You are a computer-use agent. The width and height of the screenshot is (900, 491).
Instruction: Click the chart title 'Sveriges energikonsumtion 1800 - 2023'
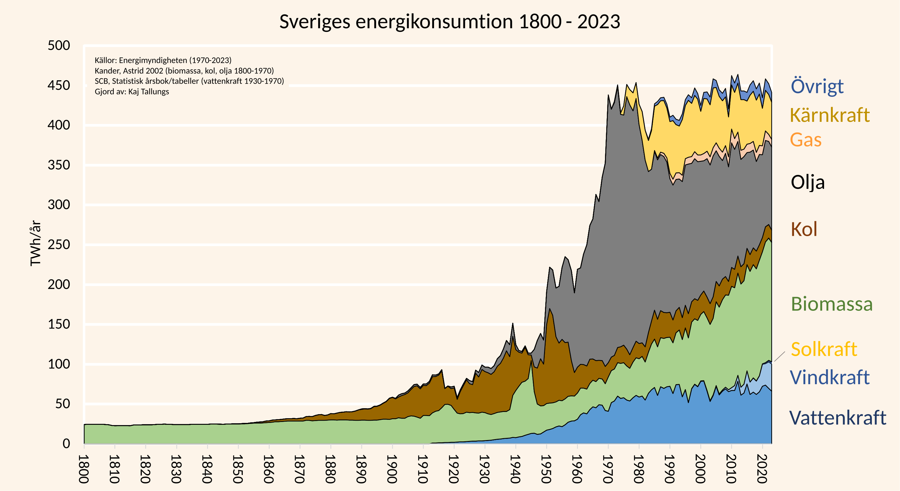click(x=450, y=22)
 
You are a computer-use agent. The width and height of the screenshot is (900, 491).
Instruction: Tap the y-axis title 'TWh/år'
click(x=36, y=243)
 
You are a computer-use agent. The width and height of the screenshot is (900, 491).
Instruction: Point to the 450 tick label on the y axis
click(x=59, y=85)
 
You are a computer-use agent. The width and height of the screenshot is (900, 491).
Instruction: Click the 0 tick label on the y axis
click(x=66, y=444)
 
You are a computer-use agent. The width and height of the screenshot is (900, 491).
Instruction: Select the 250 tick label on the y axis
click(x=59, y=245)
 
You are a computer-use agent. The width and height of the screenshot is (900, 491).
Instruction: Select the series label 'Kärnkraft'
click(x=829, y=115)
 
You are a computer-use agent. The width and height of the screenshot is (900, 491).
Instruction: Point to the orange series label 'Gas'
click(x=805, y=140)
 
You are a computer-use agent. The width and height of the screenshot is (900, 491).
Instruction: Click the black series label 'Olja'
click(x=807, y=182)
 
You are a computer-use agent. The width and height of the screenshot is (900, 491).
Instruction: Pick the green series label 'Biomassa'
click(x=832, y=304)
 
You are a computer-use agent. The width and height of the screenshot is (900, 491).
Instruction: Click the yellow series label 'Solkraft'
click(x=824, y=349)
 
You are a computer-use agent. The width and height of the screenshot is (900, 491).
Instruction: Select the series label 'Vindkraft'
click(x=829, y=378)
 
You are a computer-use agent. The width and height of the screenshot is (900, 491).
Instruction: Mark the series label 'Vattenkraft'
click(x=837, y=418)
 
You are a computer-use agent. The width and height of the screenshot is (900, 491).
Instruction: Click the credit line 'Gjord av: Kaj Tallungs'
click(x=132, y=92)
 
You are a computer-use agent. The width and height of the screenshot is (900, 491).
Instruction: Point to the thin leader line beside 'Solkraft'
click(x=779, y=357)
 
